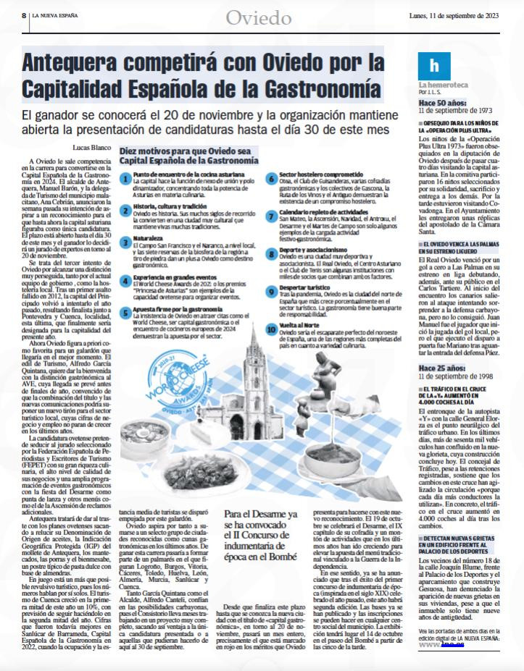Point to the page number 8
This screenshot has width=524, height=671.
tap(24, 14)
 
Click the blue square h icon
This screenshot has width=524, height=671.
tap(434, 66)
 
